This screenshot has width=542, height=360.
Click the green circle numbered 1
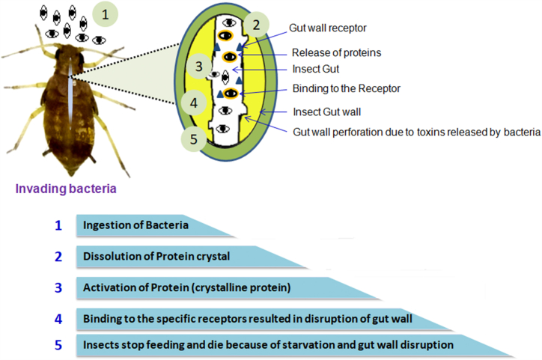pyautogui.click(x=105, y=14)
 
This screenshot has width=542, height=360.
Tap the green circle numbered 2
pyautogui.click(x=256, y=25)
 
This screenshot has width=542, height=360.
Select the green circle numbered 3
pyautogui.click(x=198, y=66)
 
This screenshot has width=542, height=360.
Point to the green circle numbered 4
pyautogui.click(x=194, y=103)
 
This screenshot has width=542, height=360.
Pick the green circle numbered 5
pyautogui.click(x=194, y=139)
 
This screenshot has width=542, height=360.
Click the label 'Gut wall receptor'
pyautogui.click(x=328, y=28)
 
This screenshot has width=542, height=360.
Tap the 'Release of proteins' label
pyautogui.click(x=336, y=52)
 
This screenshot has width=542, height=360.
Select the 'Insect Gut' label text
pyautogui.click(x=316, y=69)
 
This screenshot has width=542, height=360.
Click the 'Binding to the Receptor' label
pyautogui.click(x=347, y=89)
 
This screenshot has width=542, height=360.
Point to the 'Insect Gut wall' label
pyautogui.click(x=326, y=112)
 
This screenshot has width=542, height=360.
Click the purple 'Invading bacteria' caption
pyautogui.click(x=66, y=189)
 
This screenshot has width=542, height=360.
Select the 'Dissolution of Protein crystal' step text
pyautogui.click(x=156, y=257)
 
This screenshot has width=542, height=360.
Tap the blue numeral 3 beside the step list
pyautogui.click(x=58, y=287)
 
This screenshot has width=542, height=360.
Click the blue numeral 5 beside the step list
pyautogui.click(x=58, y=345)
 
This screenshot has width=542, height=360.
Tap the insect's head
pyautogui.click(x=69, y=55)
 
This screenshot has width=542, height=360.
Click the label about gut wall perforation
pyautogui.click(x=416, y=132)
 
